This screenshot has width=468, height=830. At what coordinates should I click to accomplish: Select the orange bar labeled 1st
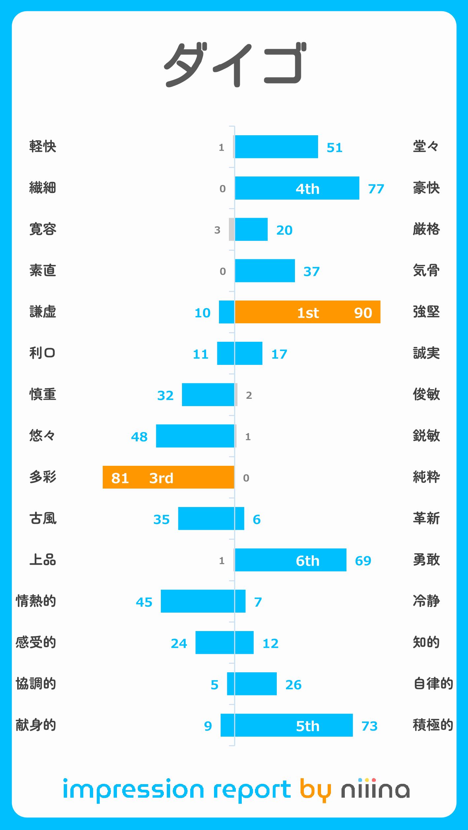pos(307,312)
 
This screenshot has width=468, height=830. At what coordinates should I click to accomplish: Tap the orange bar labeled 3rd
pos(168,477)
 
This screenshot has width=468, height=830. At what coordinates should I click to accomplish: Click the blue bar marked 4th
pos(297,188)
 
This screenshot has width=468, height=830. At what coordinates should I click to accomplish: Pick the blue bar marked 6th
pos(291,560)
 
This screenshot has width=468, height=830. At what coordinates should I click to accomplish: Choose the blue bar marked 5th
pos(294,725)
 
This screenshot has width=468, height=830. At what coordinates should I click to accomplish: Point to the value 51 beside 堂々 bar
pos(335,147)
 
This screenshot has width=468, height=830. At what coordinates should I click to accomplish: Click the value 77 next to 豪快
pos(376,189)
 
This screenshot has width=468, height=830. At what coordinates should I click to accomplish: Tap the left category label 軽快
pos(43,146)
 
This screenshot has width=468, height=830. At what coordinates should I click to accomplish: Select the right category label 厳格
pos(426,229)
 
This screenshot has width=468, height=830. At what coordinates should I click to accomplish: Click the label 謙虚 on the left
pos(43,312)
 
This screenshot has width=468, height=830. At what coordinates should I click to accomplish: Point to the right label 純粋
pos(426,477)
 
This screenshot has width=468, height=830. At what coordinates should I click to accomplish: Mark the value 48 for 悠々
pos(139,437)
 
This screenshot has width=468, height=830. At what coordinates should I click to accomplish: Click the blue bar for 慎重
pos(208,395)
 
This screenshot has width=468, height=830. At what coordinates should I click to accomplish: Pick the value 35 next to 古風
pos(161,520)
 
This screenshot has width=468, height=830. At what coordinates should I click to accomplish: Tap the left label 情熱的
pos(36,601)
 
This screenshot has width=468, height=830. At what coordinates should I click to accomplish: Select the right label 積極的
pos(433,725)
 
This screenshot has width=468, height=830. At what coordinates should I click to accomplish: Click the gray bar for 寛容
pos(232,230)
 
